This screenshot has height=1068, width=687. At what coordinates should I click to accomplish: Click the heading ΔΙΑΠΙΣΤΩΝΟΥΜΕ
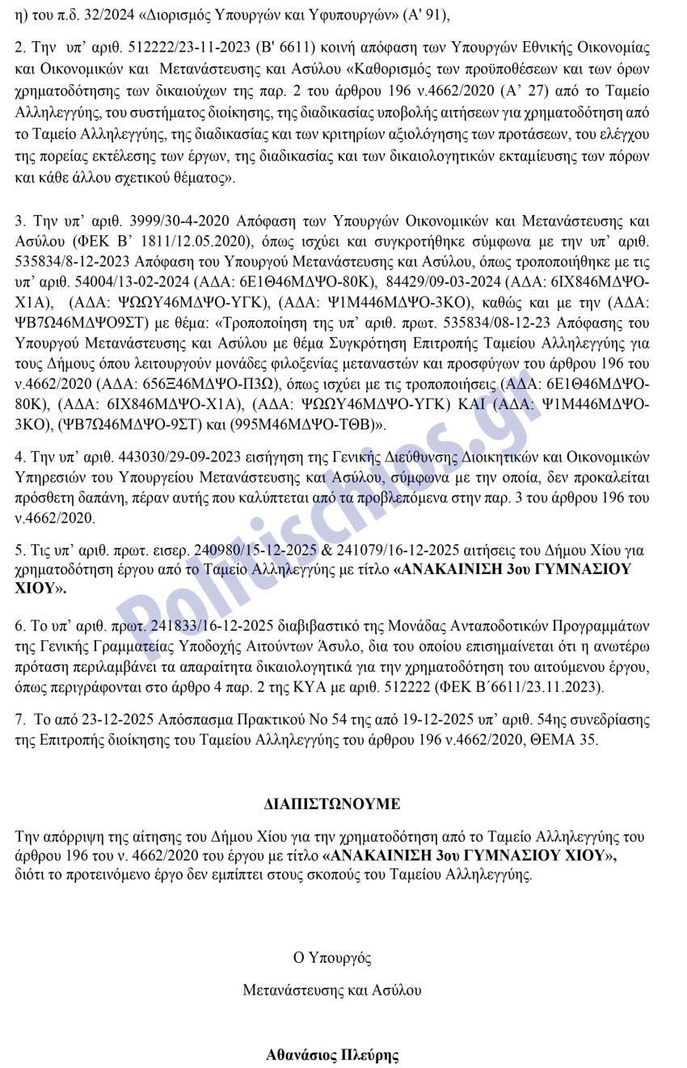point(332,804)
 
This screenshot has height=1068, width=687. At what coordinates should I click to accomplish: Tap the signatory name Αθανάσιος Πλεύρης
point(332,1054)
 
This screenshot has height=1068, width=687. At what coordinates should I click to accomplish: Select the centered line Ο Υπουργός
point(332,958)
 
